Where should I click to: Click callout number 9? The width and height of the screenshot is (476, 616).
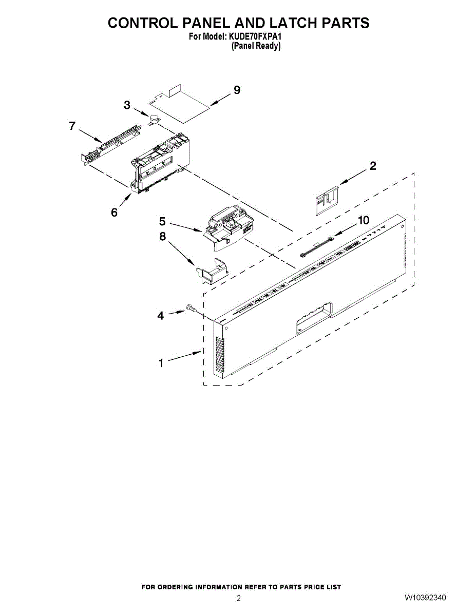[x=237, y=90]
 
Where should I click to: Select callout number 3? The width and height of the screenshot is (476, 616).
[x=127, y=105]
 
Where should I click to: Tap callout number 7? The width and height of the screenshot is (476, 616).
[x=72, y=126]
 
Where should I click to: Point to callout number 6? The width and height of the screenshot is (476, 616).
[x=114, y=212]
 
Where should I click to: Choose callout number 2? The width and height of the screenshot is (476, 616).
[x=373, y=166]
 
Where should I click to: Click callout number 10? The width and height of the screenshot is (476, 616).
[x=363, y=220]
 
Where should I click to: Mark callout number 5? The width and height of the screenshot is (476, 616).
[x=162, y=221]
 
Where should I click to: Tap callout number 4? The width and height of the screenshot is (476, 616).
[x=161, y=316]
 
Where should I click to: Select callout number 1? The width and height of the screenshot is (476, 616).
[x=161, y=363]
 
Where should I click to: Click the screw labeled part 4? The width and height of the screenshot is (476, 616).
[x=191, y=309]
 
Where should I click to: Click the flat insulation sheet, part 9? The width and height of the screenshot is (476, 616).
[x=185, y=106]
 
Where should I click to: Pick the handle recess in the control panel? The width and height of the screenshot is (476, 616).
[x=314, y=315]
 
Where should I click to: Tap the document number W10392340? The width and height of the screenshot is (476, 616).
[x=425, y=598]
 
